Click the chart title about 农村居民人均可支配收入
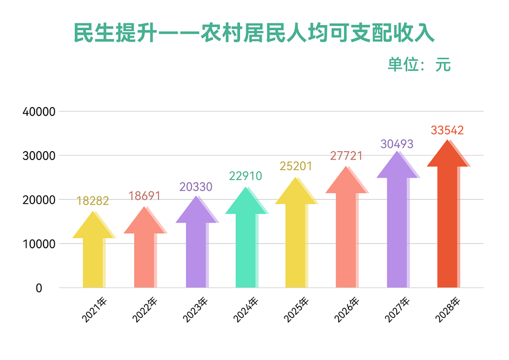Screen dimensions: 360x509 coord(254,33)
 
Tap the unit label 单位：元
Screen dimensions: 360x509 coord(419,64)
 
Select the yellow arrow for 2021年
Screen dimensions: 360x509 coord(93,254)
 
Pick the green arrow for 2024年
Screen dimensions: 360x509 coord(245,244)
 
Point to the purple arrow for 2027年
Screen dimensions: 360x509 coord(397,228)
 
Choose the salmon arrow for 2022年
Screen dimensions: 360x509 coord(144,254)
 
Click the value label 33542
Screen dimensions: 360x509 coord(447,130)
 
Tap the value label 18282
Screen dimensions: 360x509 coord(93,201)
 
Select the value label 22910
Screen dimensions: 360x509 coord(245,176)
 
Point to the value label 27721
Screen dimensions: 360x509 coord(346,156)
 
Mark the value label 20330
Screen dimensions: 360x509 coord(196,187)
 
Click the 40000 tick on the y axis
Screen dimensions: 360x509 coord(40,112)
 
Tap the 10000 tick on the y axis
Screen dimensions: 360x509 coord(40,244)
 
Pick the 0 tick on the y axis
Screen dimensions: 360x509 coord(39,288)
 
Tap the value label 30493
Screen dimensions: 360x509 coord(397,144)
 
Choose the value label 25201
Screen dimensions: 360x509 coord(296,166)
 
